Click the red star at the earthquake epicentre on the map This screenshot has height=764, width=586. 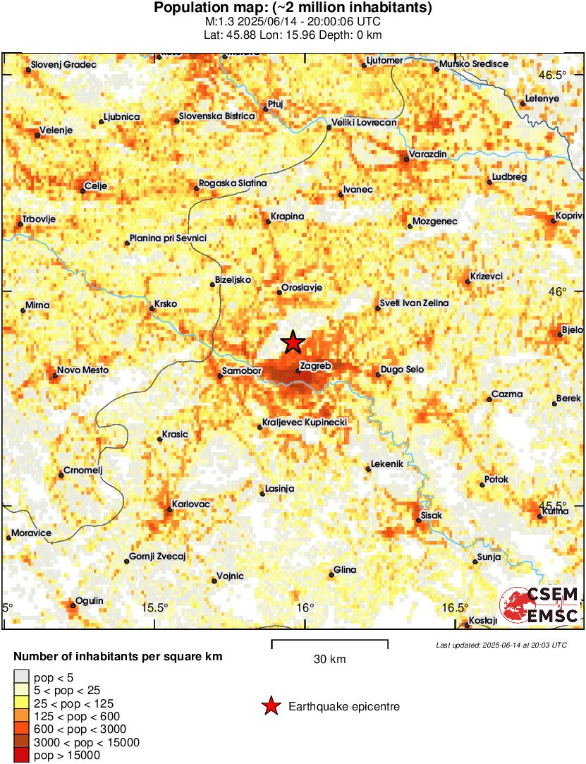(293, 343)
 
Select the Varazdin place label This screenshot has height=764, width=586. (429, 154)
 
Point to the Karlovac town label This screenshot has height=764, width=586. (194, 505)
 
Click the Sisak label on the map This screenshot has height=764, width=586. (431, 516)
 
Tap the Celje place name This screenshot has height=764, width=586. (94, 187)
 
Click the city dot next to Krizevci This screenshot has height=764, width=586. (468, 282)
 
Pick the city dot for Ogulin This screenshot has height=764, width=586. (73, 605)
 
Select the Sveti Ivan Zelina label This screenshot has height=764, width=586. (414, 303)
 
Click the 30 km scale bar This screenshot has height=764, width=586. (329, 641)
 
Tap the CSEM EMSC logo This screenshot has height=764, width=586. (540, 606)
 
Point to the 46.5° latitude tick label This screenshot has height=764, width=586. (553, 75)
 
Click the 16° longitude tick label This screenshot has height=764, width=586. (305, 607)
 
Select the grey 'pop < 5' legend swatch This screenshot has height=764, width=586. (21, 678)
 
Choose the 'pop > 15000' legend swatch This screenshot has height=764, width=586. (21, 755)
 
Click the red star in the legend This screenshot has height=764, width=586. (271, 706)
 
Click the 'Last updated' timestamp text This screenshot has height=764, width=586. (501, 645)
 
